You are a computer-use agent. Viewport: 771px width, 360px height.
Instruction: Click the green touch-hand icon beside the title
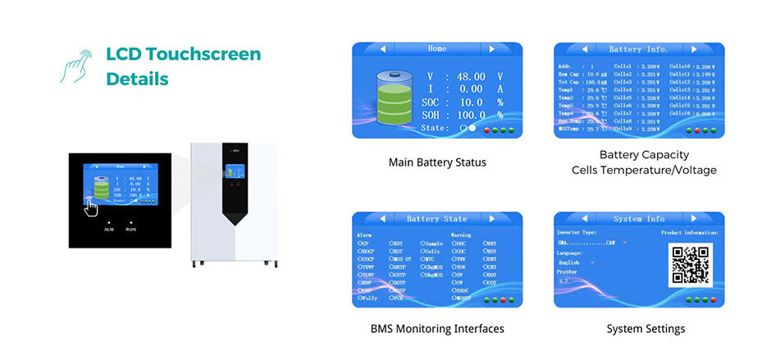click(75, 66)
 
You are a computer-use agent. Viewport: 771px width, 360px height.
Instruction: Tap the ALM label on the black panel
click(108, 230)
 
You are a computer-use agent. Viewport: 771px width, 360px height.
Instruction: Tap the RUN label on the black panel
click(130, 230)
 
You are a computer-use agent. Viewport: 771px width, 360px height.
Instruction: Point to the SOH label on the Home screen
click(431, 116)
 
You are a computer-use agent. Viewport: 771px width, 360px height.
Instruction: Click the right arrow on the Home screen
click(491, 49)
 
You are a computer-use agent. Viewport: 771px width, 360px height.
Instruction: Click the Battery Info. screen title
click(639, 49)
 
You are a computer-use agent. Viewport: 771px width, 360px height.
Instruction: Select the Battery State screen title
click(436, 219)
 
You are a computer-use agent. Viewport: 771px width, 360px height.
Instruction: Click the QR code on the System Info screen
click(691, 264)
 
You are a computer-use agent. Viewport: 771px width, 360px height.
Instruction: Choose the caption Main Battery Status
click(437, 162)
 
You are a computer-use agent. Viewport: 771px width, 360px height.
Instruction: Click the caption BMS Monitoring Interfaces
click(436, 329)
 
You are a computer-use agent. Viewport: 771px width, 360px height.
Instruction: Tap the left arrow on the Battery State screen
click(382, 219)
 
